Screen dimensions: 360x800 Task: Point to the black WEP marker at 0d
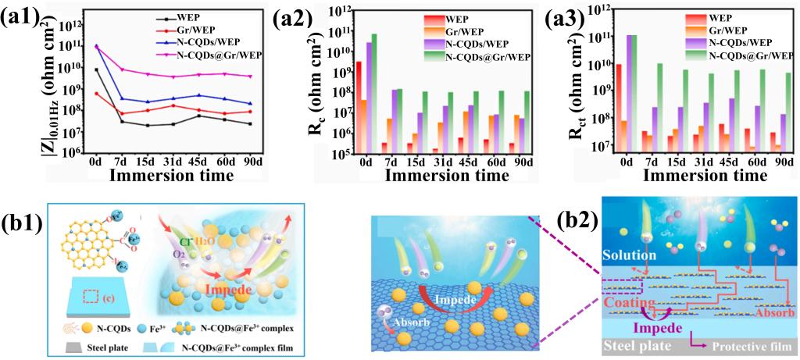coord(96,70)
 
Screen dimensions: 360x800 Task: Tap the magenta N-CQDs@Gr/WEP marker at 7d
coord(123,70)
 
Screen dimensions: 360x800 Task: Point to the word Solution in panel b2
coord(632,255)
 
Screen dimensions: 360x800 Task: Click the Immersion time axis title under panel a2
coord(427,176)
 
